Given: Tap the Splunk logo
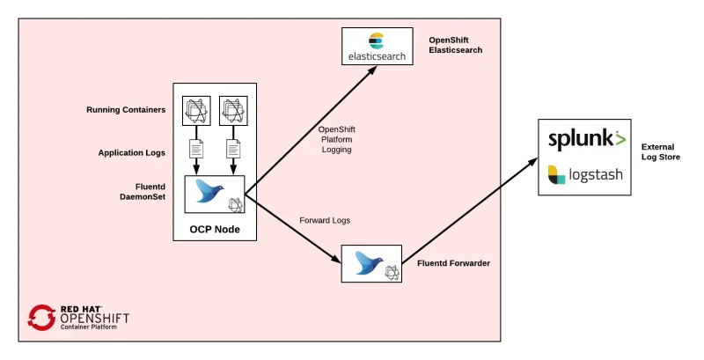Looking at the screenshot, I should point(587,140).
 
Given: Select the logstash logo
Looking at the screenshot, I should point(585,174).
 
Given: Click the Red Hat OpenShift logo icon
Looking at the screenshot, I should point(41,318).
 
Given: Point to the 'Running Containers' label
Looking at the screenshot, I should point(126,110).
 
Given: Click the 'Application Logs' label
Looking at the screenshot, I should point(131,152).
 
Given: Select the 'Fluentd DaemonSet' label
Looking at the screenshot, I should point(144,194).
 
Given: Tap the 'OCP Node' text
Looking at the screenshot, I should point(215,229).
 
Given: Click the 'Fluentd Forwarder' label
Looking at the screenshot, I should point(453,263).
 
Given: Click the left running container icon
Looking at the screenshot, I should point(196,109).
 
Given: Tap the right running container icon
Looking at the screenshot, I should point(233,109).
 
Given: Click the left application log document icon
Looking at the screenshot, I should point(196,149).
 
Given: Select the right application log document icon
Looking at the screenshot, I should point(233,149).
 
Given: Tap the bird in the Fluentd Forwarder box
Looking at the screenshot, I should point(368,262).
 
